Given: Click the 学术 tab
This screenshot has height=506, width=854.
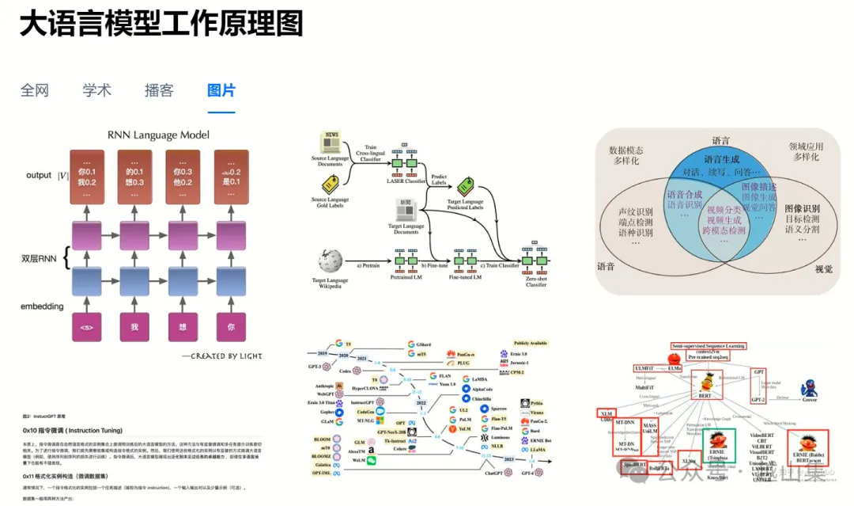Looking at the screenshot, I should pos(96,90).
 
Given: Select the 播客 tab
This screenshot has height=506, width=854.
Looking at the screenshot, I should pos(159,90).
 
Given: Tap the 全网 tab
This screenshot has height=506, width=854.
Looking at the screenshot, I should pos(35,90).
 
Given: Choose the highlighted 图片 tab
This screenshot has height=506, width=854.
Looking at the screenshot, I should pos(221,90).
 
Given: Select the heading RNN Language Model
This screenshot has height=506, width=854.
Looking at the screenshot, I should pos(159,135).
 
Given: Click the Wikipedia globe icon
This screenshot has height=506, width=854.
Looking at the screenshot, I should pos(330,261).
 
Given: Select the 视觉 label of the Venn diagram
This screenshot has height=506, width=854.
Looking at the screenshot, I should pos(824,269).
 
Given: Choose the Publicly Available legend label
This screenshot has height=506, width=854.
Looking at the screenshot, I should pos(531,343).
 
